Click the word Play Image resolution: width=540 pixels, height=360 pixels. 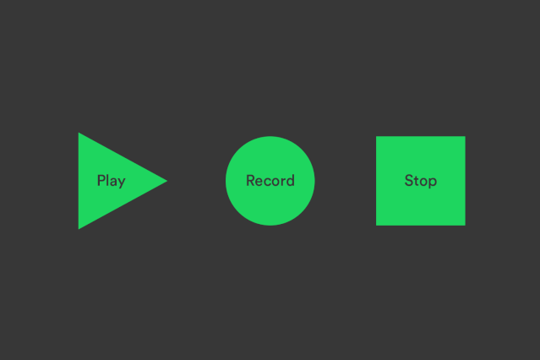click(x=112, y=181)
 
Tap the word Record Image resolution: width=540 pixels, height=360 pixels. click(x=270, y=181)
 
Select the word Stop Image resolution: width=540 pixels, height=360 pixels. click(x=421, y=181)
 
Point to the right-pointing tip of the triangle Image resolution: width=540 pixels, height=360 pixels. click(x=167, y=181)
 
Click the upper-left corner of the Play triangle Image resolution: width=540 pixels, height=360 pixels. click(x=79, y=133)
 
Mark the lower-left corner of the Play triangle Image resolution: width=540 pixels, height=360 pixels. click(x=79, y=229)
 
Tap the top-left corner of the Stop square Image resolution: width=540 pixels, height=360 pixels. click(x=376, y=136)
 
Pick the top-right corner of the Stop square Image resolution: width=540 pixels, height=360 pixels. click(x=465, y=136)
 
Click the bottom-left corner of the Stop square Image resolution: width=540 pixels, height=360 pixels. click(x=376, y=226)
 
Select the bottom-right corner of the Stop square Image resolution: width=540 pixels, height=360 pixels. click(x=465, y=226)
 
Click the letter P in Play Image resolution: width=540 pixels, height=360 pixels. click(x=101, y=181)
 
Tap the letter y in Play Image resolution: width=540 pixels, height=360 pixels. click(x=121, y=183)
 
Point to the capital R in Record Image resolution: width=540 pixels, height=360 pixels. click(x=250, y=181)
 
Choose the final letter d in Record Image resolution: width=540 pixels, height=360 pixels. click(x=291, y=181)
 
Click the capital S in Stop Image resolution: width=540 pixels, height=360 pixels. click(x=409, y=181)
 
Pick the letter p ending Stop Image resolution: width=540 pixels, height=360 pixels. click(x=432, y=183)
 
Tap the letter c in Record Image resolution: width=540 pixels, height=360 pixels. click(x=268, y=183)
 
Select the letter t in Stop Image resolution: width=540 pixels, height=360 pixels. click(x=416, y=181)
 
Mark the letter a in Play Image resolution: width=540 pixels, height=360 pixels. click(x=112, y=183)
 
